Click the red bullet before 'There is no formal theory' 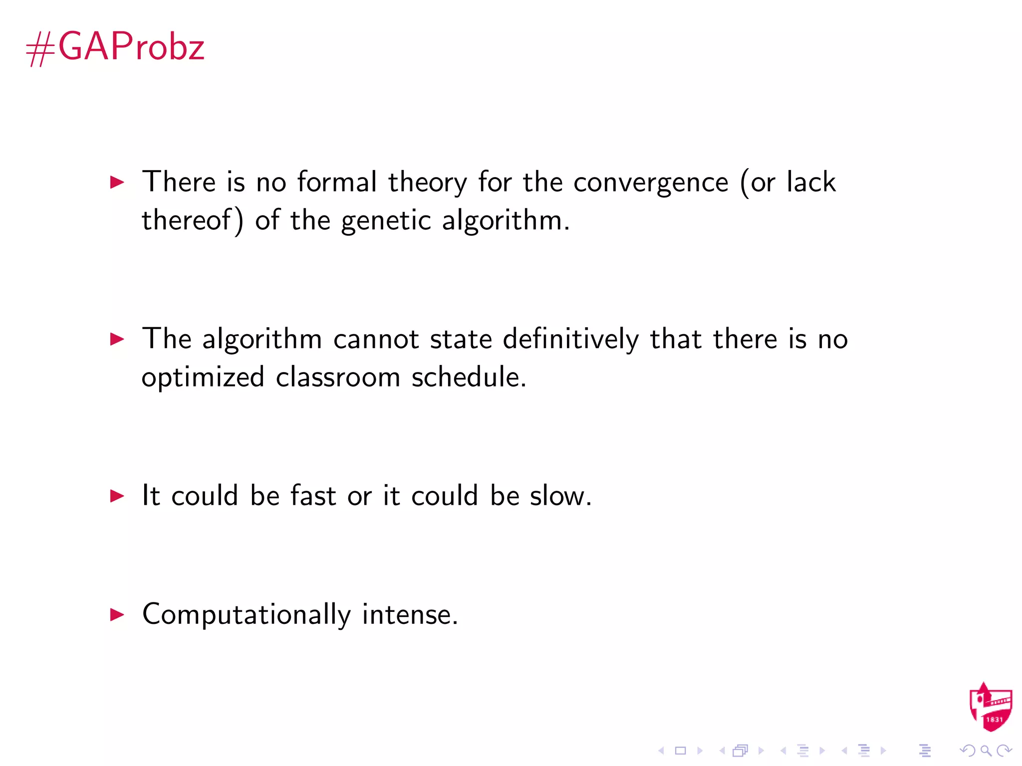(117, 182)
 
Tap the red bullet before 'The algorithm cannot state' (117, 339)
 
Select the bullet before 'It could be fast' (117, 496)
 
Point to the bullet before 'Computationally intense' (117, 614)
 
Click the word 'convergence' (651, 183)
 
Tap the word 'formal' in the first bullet (337, 182)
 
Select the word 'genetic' (386, 221)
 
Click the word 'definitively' (570, 339)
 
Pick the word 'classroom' (338, 377)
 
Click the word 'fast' (313, 496)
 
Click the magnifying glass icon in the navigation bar (986, 751)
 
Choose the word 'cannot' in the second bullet (376, 339)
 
